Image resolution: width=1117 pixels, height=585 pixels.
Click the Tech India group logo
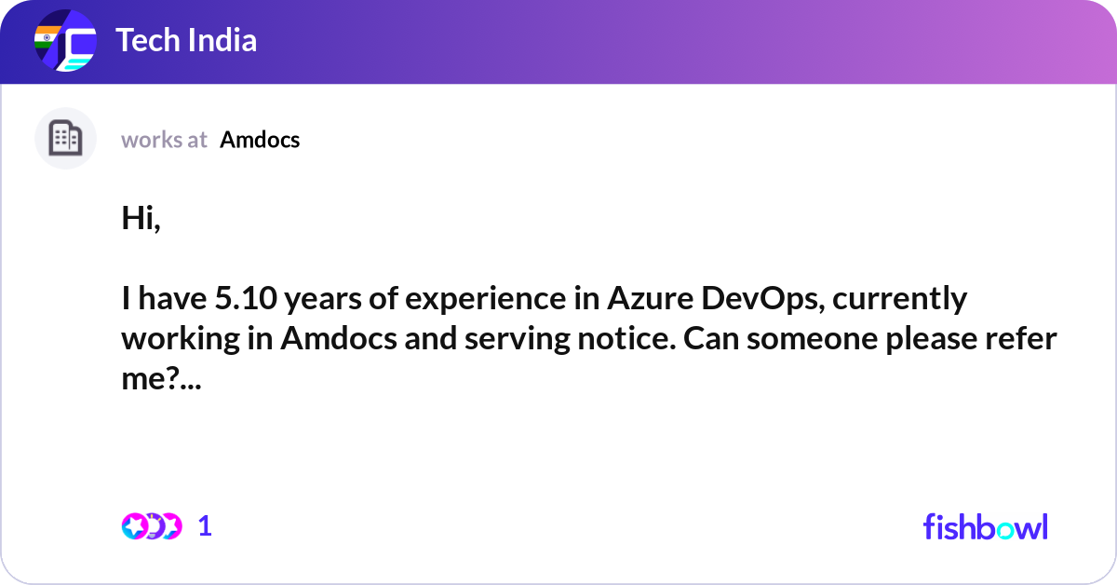[65, 40]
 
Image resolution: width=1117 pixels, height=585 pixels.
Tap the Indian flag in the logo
[47, 37]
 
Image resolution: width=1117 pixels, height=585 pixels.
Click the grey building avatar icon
[65, 138]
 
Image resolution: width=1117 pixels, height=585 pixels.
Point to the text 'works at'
[164, 140]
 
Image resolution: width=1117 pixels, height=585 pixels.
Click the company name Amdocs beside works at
[260, 140]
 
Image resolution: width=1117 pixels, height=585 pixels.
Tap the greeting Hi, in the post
[141, 218]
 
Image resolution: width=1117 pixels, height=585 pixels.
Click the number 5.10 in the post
[246, 298]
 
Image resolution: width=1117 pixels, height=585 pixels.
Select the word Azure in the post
[651, 298]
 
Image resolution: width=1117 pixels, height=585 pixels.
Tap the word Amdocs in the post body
[339, 338]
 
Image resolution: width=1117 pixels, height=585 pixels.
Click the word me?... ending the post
[162, 378]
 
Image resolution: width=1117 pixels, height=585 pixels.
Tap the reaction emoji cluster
[152, 526]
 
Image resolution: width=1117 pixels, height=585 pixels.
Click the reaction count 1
[205, 526]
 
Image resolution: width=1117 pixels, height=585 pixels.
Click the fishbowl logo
[986, 526]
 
